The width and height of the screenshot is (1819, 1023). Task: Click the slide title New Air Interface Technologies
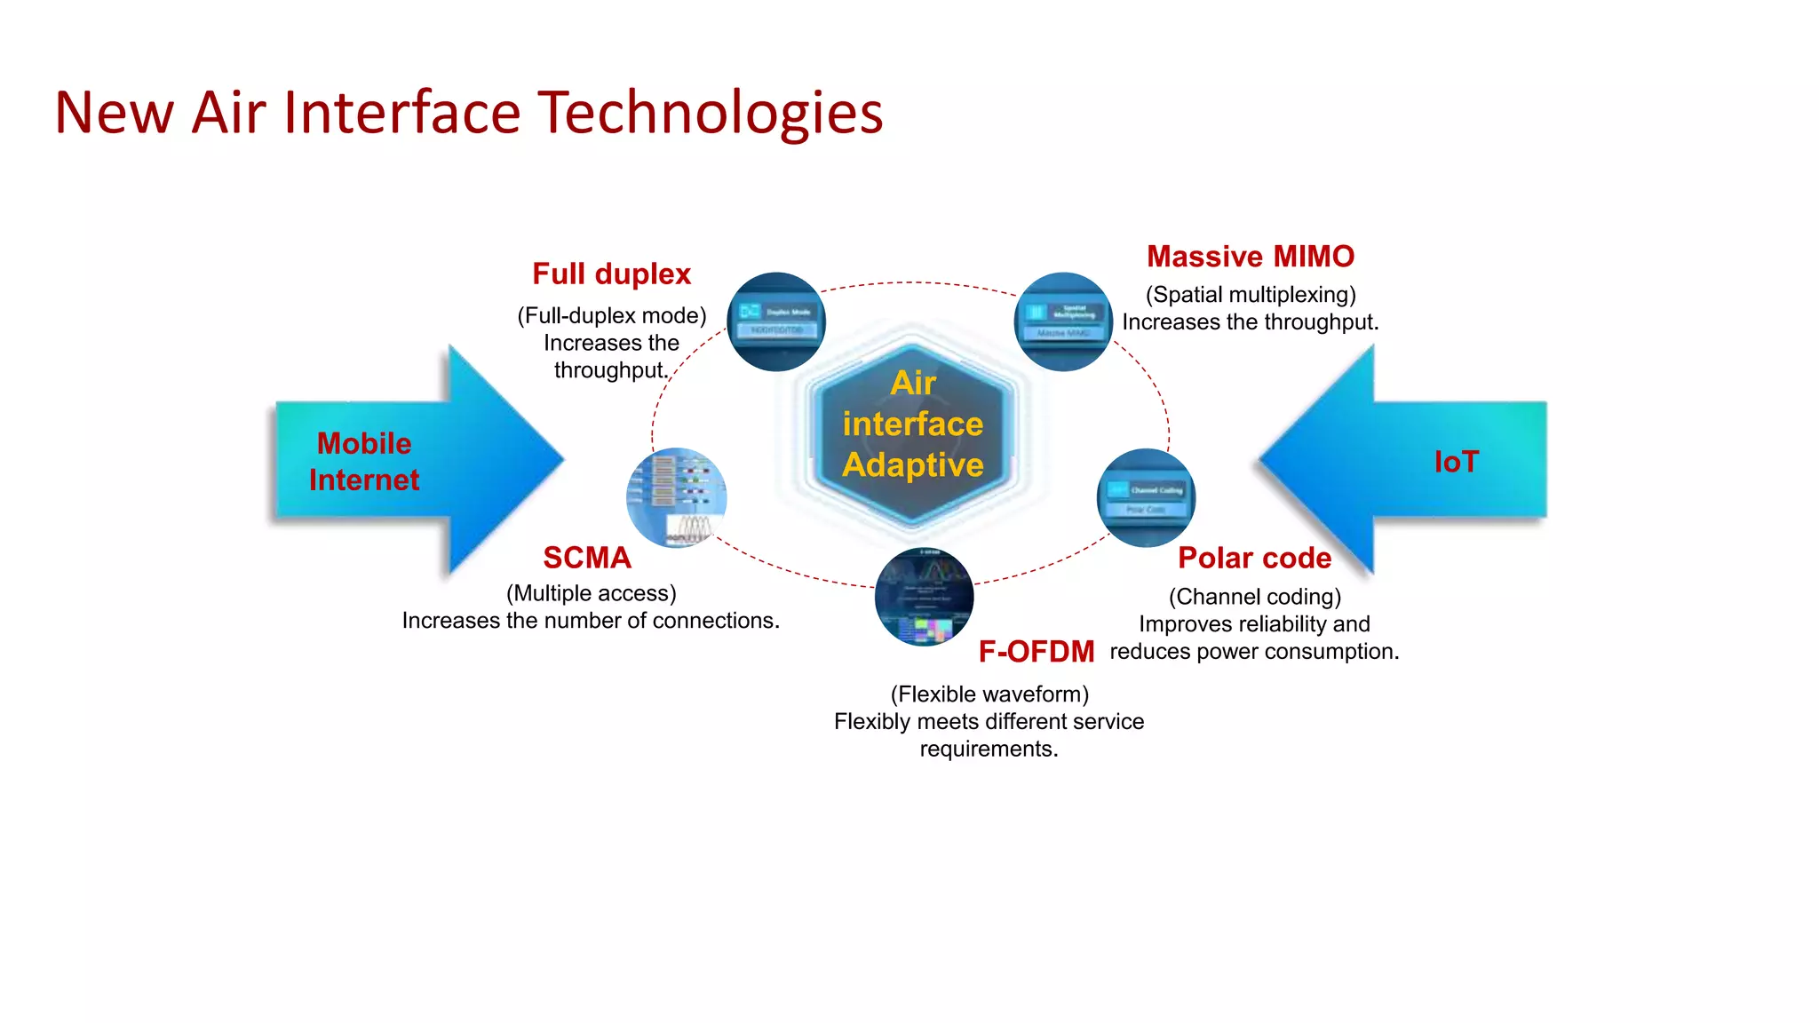point(468,113)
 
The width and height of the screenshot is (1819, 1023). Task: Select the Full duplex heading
point(611,274)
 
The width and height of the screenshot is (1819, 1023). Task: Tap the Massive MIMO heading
point(1250,257)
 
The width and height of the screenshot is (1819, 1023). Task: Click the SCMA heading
point(587,558)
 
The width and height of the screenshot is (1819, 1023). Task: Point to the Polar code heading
point(1254,558)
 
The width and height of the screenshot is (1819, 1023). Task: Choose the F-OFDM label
point(1036,652)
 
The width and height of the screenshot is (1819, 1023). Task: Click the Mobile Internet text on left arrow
point(364,462)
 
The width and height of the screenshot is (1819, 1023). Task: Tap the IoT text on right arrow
point(1456,462)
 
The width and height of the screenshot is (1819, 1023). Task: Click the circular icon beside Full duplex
point(776,321)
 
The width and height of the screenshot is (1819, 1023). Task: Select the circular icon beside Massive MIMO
point(1063,321)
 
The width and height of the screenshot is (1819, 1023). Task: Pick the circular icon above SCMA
point(677,497)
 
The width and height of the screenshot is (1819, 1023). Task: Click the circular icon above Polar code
point(1146,497)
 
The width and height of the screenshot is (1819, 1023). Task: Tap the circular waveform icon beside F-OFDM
point(924,597)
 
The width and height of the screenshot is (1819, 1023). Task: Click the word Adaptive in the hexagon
point(913,465)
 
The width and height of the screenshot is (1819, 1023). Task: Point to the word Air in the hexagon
point(913,383)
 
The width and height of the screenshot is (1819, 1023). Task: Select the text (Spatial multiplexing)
point(1251,295)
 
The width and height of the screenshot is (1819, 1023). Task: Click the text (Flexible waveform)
point(989,694)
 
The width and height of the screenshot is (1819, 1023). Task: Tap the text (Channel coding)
point(1254,597)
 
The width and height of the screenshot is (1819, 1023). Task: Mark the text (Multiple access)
point(591,593)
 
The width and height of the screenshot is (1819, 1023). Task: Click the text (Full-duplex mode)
point(611,315)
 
